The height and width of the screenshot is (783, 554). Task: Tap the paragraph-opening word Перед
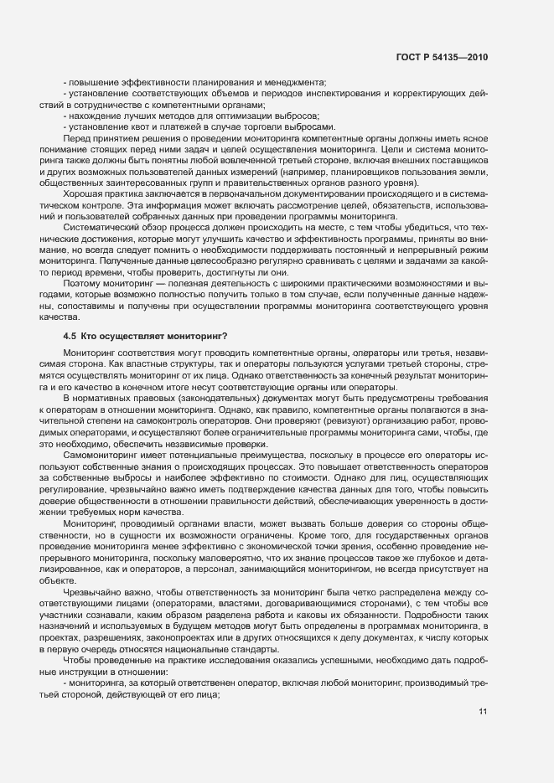tap(79, 137)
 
